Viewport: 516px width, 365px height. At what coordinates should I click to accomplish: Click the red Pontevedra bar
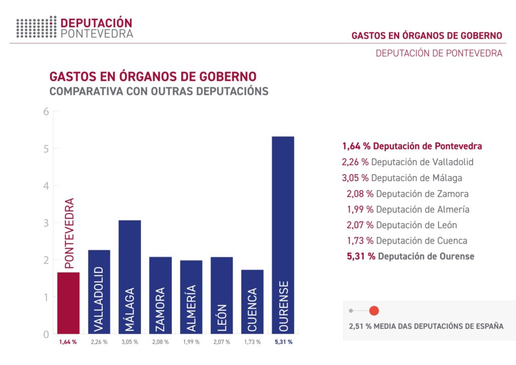click(69, 303)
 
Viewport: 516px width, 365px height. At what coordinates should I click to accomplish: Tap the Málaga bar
click(130, 276)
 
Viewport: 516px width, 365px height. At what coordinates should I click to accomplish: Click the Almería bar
click(191, 297)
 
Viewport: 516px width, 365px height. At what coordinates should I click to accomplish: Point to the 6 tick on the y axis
click(45, 111)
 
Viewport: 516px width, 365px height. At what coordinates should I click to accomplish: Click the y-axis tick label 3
click(45, 223)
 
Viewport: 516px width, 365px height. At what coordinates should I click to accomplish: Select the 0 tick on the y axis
click(45, 334)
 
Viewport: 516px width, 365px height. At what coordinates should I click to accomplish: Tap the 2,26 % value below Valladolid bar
click(99, 342)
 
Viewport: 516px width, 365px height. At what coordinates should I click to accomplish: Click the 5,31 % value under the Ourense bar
click(283, 342)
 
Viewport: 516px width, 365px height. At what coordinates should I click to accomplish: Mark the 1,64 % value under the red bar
click(68, 342)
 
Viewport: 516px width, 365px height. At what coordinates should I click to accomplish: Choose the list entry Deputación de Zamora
click(407, 194)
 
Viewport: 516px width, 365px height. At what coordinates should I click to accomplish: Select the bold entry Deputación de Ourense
click(410, 256)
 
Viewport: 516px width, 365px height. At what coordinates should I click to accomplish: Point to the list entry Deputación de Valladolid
click(407, 162)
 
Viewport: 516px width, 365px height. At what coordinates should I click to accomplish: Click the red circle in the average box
click(373, 311)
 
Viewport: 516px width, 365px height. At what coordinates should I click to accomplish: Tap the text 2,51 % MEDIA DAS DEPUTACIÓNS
click(426, 326)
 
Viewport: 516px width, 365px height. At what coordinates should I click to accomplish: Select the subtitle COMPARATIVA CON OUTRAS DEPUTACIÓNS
click(159, 92)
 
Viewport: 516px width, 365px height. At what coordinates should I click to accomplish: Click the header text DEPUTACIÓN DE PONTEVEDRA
click(439, 53)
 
